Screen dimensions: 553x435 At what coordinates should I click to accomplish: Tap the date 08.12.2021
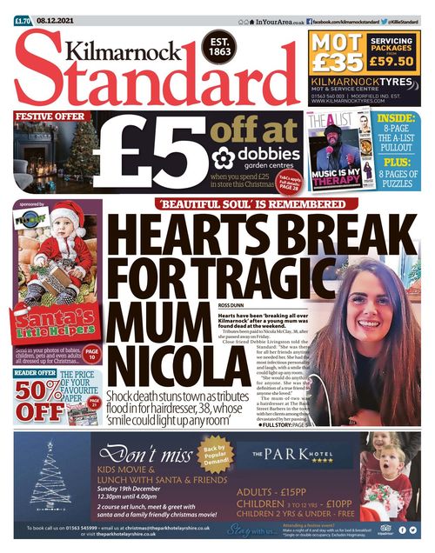pyautogui.click(x=54, y=10)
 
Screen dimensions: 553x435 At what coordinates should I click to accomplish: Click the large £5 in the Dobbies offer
pyautogui.click(x=152, y=145)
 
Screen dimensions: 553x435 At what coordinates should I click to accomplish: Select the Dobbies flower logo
pyautogui.click(x=224, y=157)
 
